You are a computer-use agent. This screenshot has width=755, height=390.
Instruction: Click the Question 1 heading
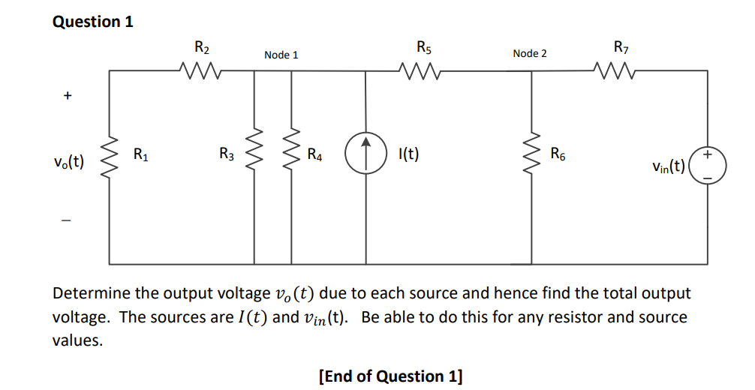93,21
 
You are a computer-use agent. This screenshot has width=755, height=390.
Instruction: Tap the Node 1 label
281,55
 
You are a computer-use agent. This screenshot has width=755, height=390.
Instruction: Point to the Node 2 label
530,53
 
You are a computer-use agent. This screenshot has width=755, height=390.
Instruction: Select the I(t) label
408,155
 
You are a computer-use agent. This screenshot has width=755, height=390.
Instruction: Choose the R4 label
315,156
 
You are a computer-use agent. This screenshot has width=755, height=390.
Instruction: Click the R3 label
227,155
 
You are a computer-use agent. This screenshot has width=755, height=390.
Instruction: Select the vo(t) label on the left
68,161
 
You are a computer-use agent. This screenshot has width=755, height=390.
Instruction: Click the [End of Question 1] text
390,376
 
